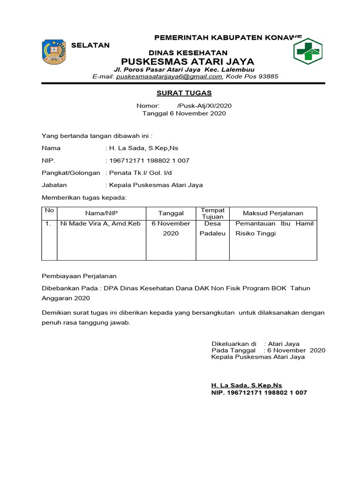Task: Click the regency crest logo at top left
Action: [x=54, y=52]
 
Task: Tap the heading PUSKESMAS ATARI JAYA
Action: [x=187, y=61]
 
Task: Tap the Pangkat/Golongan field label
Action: [x=71, y=172]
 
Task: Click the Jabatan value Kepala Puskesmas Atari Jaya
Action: [x=156, y=185]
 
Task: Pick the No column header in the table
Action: [x=49, y=210]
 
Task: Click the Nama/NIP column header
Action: [x=101, y=213]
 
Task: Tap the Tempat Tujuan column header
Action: [x=212, y=213]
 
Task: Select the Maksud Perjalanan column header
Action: [x=273, y=213]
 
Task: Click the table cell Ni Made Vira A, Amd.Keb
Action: [x=100, y=224]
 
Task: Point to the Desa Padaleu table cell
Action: [x=212, y=228]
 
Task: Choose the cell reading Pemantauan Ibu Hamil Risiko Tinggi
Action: [x=274, y=228]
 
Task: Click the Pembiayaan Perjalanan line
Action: [x=79, y=276]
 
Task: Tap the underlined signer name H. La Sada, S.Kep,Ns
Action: [x=247, y=385]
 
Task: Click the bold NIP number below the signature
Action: [x=259, y=392]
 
